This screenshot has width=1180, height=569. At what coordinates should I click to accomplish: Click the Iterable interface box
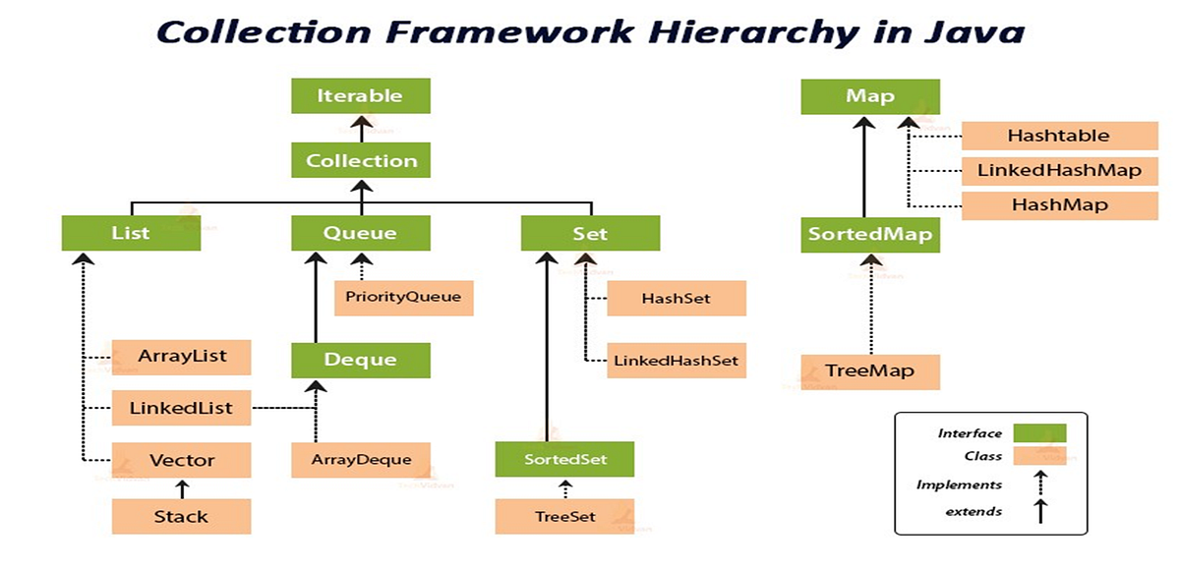tap(360, 96)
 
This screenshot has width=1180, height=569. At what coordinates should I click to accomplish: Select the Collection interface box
tap(361, 160)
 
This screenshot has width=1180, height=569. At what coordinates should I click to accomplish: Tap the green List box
tap(131, 234)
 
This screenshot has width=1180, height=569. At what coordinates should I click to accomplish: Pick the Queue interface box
tap(361, 234)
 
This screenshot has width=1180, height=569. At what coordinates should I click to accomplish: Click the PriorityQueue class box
tap(403, 297)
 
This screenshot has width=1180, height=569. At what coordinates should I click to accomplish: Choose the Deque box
tap(361, 360)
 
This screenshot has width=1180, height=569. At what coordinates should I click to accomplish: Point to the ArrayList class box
tap(182, 356)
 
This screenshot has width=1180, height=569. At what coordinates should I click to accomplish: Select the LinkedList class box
tap(182, 407)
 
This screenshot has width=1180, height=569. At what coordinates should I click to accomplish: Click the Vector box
tap(182, 459)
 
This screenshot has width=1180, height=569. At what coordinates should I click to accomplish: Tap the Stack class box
tap(181, 516)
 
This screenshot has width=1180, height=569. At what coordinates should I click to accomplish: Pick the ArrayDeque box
tap(361, 459)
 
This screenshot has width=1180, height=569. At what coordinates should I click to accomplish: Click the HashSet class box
tap(676, 298)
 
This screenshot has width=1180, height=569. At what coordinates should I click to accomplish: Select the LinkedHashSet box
tap(676, 360)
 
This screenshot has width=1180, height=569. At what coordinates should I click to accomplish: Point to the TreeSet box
tap(564, 516)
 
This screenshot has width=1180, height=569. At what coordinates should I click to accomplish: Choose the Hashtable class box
tap(1058, 136)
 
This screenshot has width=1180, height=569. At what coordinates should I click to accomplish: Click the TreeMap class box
tap(870, 371)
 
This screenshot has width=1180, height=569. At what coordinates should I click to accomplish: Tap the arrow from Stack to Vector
tap(181, 487)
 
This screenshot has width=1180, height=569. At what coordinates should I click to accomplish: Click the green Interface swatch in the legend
tap(1037, 432)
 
